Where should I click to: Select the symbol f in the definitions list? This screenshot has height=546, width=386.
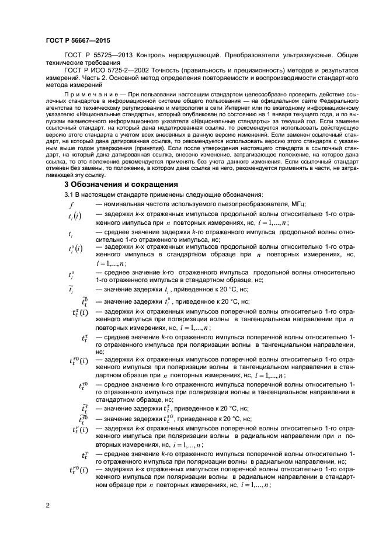point(71,204)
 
